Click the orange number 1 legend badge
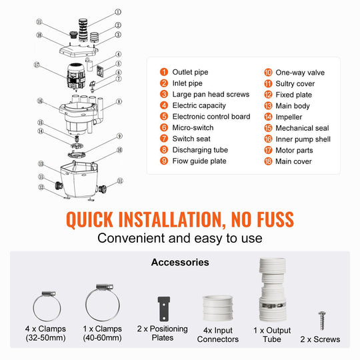tap(164, 72)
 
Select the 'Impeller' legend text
tap(289, 117)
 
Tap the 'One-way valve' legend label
tap(300, 73)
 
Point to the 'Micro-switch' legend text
tap(193, 127)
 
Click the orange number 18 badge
tap(268, 161)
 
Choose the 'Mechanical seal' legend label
tap(302, 128)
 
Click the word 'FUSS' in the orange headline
tap(275, 219)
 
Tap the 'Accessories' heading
tap(180, 262)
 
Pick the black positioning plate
tap(164, 309)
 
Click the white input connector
tap(217, 308)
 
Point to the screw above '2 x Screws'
tap(322, 321)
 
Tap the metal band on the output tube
tap(273, 305)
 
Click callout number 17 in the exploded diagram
tap(37, 65)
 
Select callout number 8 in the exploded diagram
tap(119, 101)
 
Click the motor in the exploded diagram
tap(76, 76)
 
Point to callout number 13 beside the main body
tap(41, 164)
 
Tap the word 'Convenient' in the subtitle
tap(131, 238)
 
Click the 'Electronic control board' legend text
tap(211, 117)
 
